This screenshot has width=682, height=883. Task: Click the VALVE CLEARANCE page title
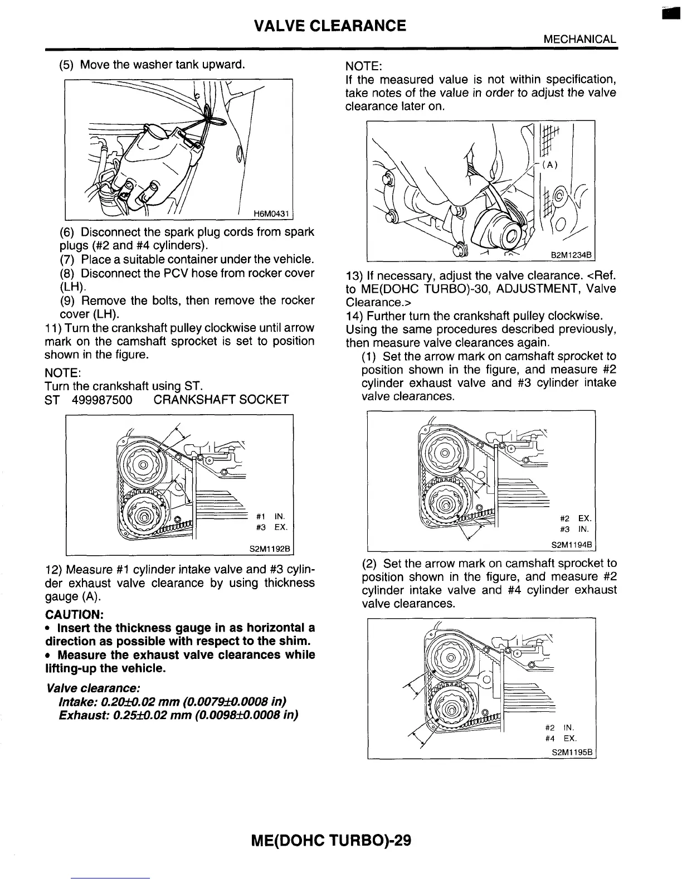[x=330, y=26]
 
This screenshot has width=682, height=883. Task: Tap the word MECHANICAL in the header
[x=579, y=40]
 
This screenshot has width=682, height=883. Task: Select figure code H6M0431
[x=272, y=214]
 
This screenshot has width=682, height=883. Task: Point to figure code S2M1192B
[x=270, y=549]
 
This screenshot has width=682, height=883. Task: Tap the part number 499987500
[x=102, y=400]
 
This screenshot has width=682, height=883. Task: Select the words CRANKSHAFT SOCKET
[x=221, y=400]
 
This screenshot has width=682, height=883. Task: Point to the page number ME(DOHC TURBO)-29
[x=332, y=840]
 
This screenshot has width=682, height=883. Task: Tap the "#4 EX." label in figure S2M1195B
[x=562, y=739]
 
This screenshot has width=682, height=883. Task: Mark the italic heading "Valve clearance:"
[x=94, y=687]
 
